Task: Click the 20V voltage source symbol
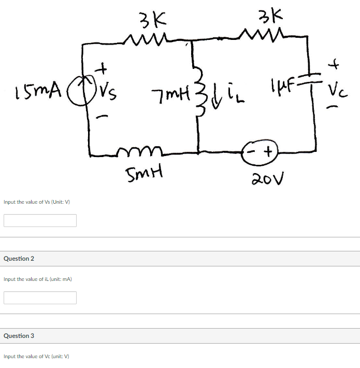(x=262, y=150)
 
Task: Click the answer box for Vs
(x=40, y=220)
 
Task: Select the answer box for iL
(x=40, y=298)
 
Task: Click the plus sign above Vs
(x=103, y=67)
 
